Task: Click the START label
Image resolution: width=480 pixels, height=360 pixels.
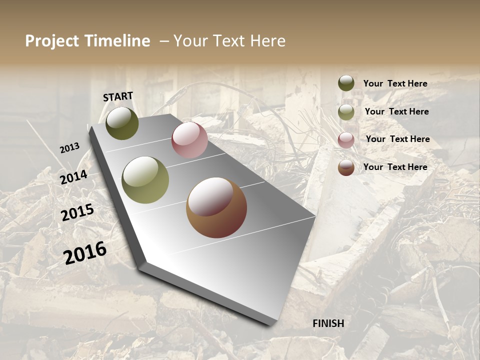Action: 118,96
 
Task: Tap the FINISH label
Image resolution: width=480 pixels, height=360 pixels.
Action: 328,323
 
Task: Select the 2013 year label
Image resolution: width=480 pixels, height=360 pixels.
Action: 69,148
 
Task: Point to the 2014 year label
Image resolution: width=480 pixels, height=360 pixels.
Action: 74,177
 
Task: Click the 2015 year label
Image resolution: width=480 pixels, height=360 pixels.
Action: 77,212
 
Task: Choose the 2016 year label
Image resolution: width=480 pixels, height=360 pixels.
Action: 85,252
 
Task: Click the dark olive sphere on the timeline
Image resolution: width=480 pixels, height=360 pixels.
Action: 122,123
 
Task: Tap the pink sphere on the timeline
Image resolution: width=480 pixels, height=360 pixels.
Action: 189,140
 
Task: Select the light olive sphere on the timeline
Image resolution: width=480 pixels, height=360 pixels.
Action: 145,180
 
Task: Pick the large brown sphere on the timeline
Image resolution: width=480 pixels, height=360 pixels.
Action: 216,207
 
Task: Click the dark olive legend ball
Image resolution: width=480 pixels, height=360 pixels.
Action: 346,83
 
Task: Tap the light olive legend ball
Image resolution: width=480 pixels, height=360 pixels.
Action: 346,112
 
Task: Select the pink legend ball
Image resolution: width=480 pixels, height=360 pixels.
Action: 346,140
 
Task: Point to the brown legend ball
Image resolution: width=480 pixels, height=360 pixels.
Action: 346,167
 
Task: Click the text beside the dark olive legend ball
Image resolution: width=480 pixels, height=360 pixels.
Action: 395,83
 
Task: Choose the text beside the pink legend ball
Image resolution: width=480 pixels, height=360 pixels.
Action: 397,139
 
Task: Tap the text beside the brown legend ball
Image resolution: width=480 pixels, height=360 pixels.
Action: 395,167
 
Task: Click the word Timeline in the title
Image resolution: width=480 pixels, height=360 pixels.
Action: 117,41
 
